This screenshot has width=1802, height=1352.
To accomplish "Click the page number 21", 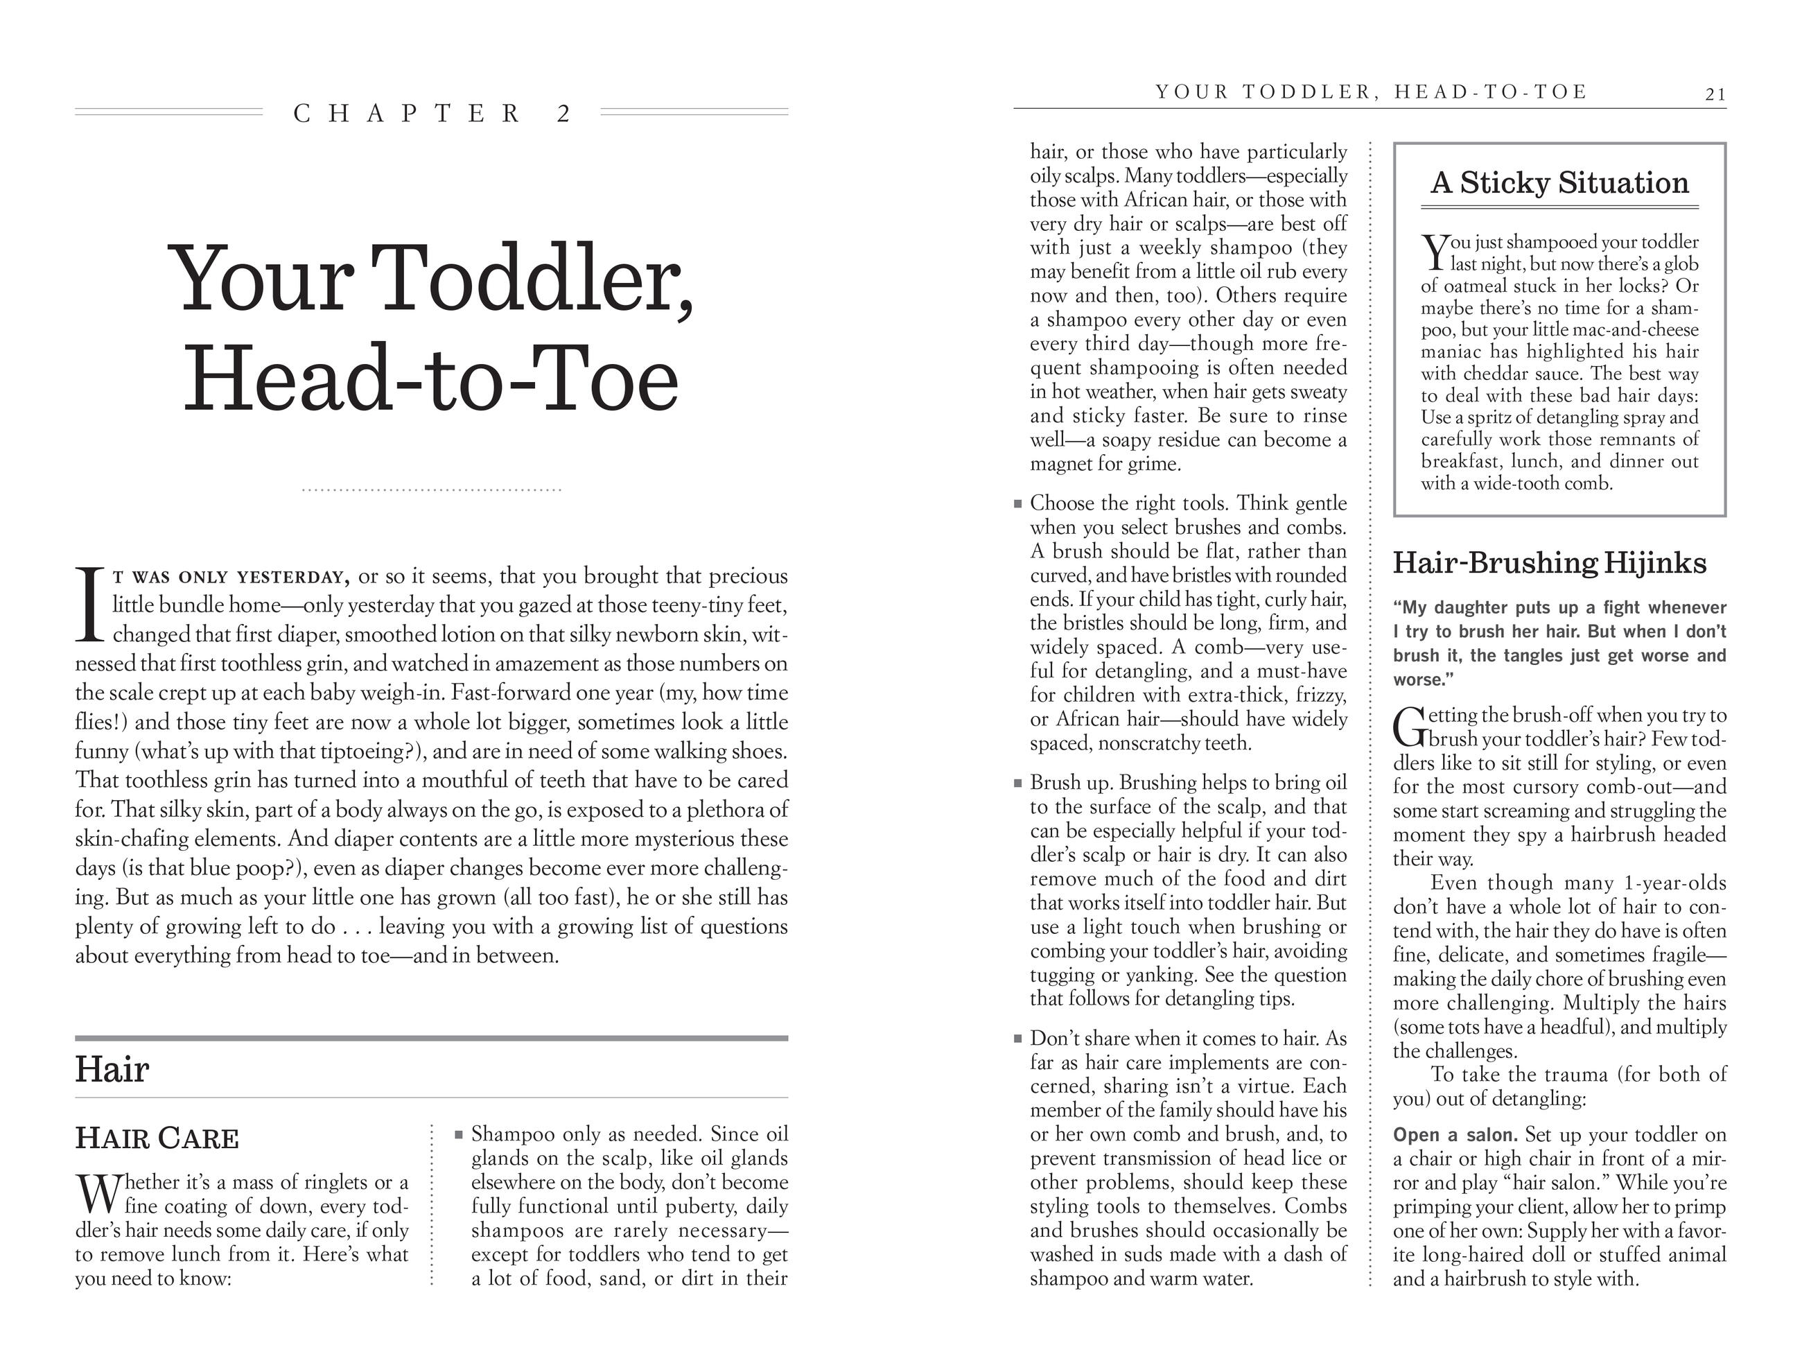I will (1715, 94).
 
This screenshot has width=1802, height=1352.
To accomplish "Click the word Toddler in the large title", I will (536, 279).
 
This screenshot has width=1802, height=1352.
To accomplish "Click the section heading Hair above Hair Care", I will (112, 1069).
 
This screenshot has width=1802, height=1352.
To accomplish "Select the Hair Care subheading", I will (157, 1138).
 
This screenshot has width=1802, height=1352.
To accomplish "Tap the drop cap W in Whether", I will (98, 1193).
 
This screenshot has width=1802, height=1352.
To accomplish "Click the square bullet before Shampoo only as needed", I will (459, 1134).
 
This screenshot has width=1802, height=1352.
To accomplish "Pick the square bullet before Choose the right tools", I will (1017, 503).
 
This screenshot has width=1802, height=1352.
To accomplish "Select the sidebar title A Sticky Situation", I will (1559, 182).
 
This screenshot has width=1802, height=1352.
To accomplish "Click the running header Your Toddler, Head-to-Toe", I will (1371, 92).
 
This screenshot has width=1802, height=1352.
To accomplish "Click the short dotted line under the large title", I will (432, 489).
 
